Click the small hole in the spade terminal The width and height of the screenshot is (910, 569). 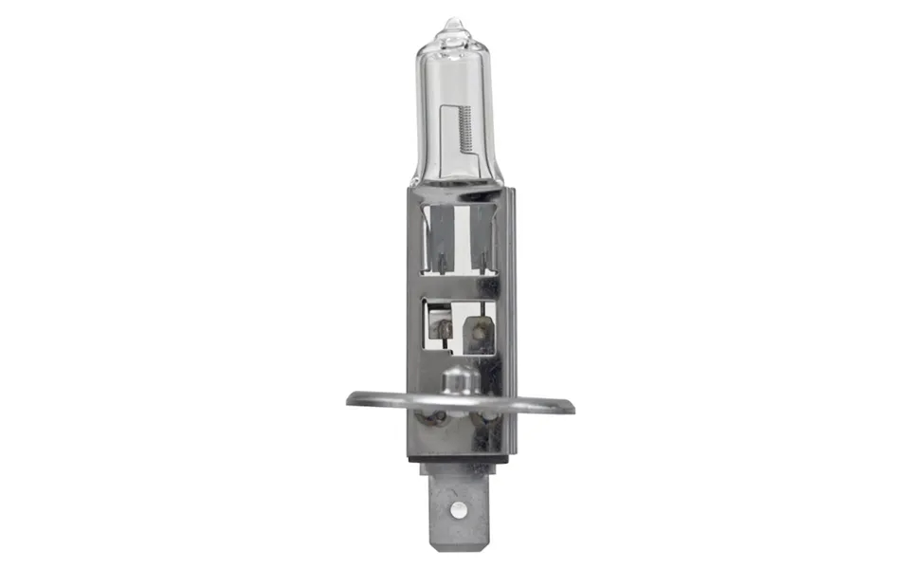(459, 511)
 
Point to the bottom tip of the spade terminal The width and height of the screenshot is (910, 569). (459, 546)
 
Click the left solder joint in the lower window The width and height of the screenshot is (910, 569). (442, 327)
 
